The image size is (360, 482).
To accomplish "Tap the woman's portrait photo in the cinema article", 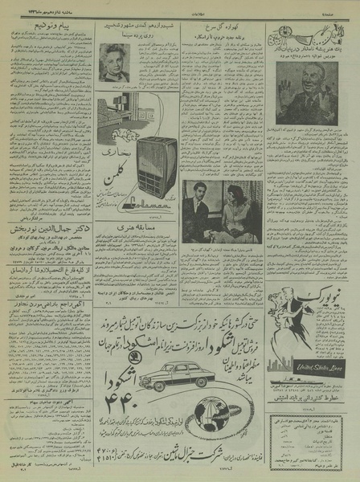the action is pos(113,63).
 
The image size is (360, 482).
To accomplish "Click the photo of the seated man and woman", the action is pos(220,211).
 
